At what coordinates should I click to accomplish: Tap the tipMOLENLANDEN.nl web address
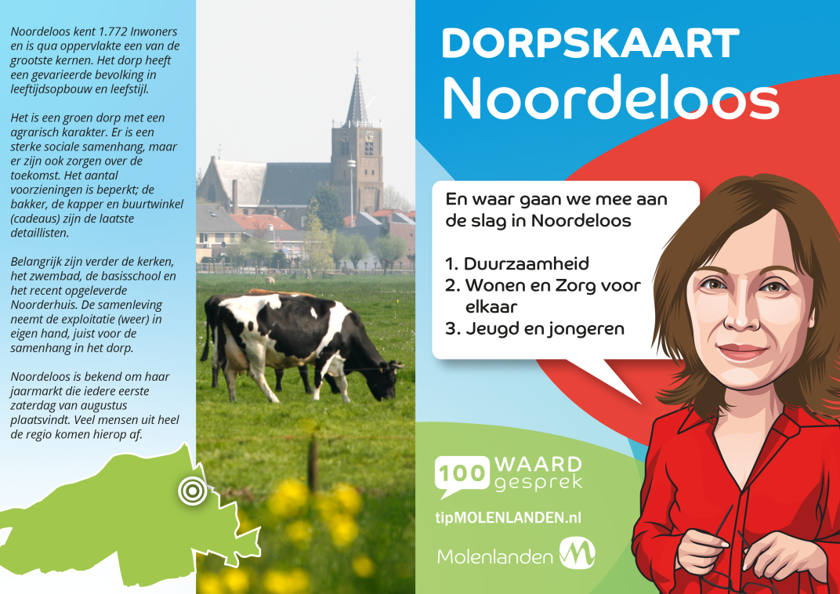[508, 517]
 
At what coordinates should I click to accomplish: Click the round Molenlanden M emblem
[577, 553]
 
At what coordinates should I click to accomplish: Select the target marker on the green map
[192, 490]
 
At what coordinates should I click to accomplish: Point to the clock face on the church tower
[370, 136]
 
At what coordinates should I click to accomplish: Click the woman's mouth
[742, 351]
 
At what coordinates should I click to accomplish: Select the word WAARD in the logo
[531, 464]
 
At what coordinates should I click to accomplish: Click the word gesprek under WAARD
[538, 484]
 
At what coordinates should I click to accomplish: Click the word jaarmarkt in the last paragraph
[34, 392]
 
